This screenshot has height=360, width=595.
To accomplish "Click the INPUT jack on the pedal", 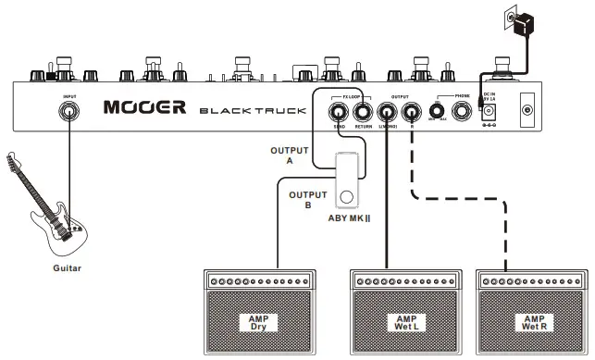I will point(69,111).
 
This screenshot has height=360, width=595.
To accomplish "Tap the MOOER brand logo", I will point(144,107).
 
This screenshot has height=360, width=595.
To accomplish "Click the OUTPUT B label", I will point(306,200).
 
